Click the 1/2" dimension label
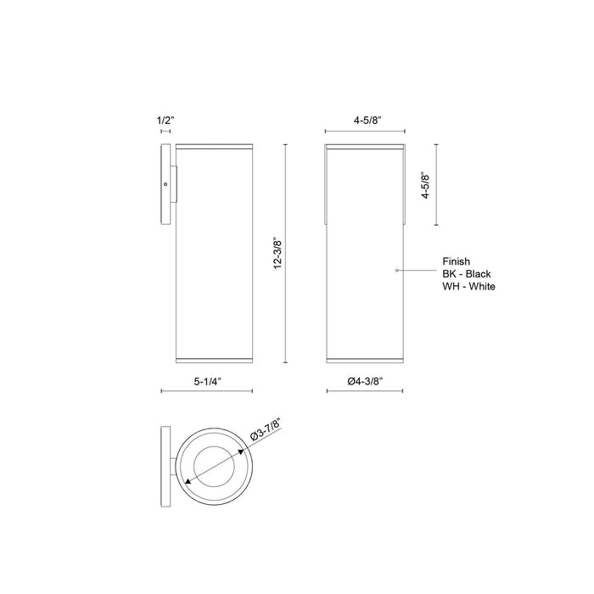(166, 121)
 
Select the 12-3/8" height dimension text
(276, 253)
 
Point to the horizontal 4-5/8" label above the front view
(366, 121)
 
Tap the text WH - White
(469, 287)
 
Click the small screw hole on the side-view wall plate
(165, 184)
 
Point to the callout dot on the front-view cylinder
(397, 270)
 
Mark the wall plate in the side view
(165, 184)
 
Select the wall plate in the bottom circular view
(165, 464)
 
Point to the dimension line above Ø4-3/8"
(366, 392)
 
